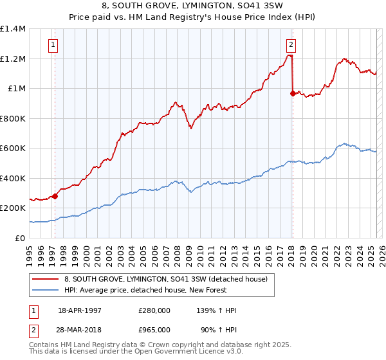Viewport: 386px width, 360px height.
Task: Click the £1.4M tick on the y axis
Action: pyautogui.click(x=13, y=29)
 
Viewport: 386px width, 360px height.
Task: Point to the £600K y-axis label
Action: pyautogui.click(x=13, y=148)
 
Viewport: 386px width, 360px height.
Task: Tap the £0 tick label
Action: pyautogui.click(x=20, y=238)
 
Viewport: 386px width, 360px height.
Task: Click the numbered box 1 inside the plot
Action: pyautogui.click(x=52, y=45)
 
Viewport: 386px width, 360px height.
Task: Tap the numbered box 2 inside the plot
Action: pyautogui.click(x=291, y=45)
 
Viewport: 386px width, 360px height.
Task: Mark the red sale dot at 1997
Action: pyautogui.click(x=55, y=196)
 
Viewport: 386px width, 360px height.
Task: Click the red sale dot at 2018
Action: pyautogui.click(x=293, y=93)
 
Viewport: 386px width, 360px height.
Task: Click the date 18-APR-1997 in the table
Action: pyautogui.click(x=80, y=310)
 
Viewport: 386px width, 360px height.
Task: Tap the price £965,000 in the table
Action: pyautogui.click(x=154, y=330)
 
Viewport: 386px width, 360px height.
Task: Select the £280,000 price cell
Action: pyautogui.click(x=154, y=310)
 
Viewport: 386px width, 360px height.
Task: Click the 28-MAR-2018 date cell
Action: pyautogui.click(x=81, y=330)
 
